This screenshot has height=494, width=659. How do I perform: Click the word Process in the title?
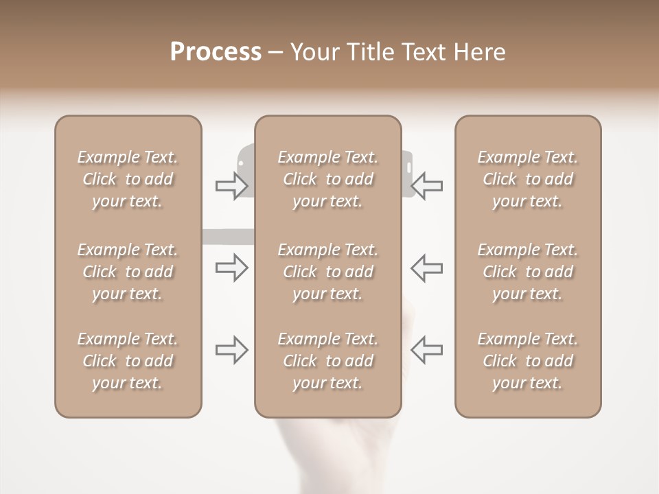[216, 52]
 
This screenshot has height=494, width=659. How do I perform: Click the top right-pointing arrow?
[231, 186]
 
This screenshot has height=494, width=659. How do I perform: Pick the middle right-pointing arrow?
[231, 268]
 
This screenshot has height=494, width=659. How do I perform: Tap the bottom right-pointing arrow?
[231, 350]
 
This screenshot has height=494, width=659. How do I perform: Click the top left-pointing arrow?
[426, 186]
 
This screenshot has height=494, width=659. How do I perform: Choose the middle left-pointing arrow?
[426, 268]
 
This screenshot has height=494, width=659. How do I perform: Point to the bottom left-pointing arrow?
[426, 350]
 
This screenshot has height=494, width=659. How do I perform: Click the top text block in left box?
[128, 179]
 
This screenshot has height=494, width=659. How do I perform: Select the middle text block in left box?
[128, 272]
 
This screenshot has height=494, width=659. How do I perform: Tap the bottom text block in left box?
[128, 361]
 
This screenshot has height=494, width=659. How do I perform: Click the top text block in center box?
[327, 179]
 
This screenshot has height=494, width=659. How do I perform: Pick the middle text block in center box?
[327, 272]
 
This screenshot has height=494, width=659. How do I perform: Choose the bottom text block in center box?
[327, 361]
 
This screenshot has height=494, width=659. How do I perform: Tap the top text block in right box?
[527, 179]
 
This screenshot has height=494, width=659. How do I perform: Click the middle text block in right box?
[527, 272]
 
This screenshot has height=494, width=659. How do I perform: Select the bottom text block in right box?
[527, 361]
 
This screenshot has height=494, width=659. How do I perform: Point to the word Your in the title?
[314, 52]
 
